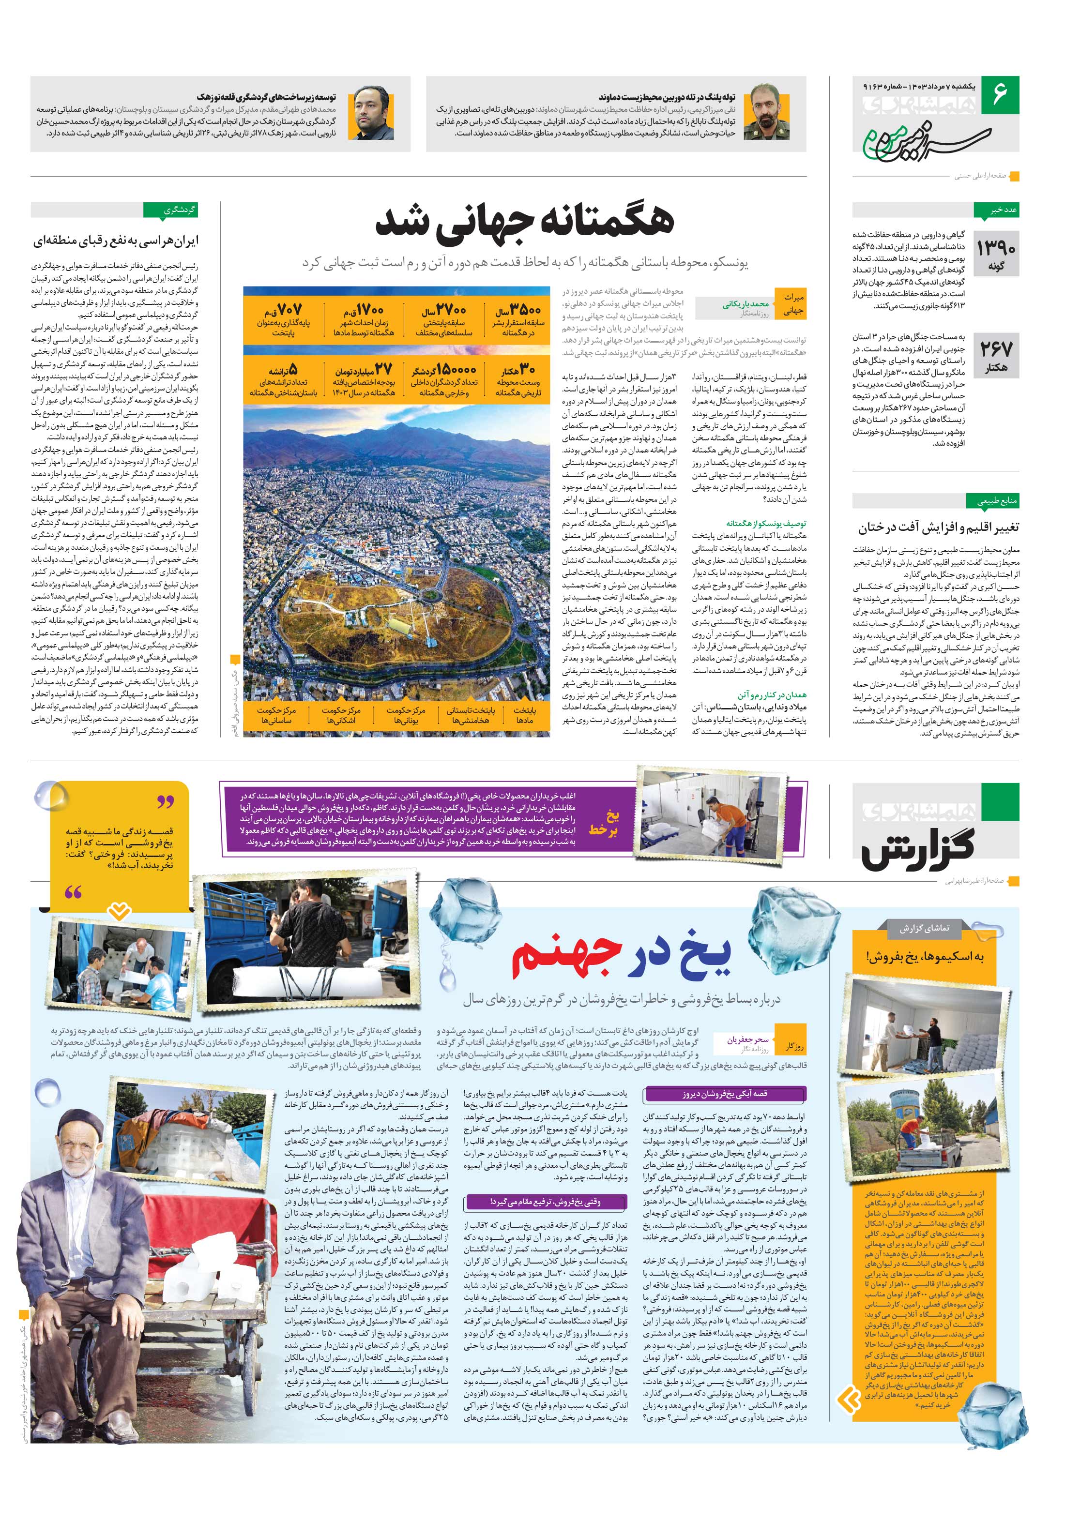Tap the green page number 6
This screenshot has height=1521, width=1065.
[999, 93]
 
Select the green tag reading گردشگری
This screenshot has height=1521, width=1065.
[171, 210]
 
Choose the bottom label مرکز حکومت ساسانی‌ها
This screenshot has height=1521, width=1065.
[276, 715]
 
